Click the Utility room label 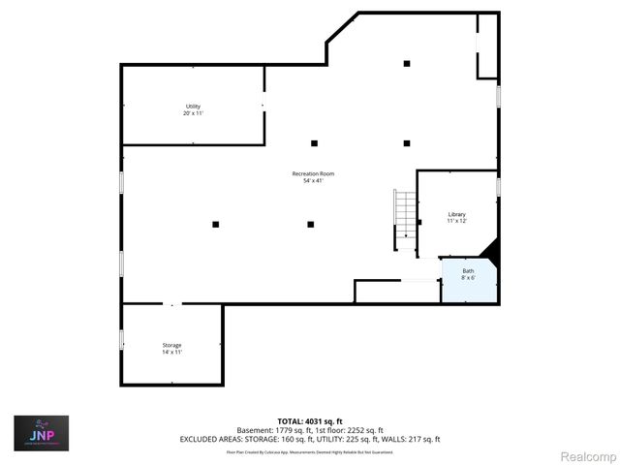tap(194, 106)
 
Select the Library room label tap(456, 213)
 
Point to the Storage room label tap(171, 345)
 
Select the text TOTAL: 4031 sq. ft tap(310, 421)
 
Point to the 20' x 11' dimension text tap(194, 113)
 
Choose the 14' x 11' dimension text tap(171, 352)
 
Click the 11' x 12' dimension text tap(456, 221)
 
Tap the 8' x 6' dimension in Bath tap(467, 278)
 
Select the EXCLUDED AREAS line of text tap(310, 439)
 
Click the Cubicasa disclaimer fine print tap(310, 451)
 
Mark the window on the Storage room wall tap(122, 338)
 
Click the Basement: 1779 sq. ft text tap(271, 430)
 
